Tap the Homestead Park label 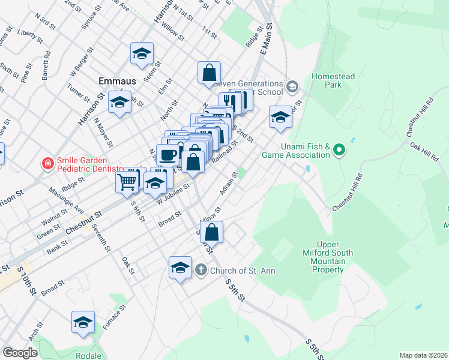tap(333, 80)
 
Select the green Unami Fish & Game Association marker tap(339, 149)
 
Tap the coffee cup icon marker tap(168, 155)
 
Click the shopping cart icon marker tap(127, 180)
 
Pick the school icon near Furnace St tap(83, 322)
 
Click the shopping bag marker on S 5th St tap(211, 232)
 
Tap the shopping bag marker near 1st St tap(209, 73)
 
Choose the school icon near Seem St tap(142, 53)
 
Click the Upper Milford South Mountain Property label tap(327, 257)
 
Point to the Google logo tap(19, 352)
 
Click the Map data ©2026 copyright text tap(423, 355)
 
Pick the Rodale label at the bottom tap(88, 355)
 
